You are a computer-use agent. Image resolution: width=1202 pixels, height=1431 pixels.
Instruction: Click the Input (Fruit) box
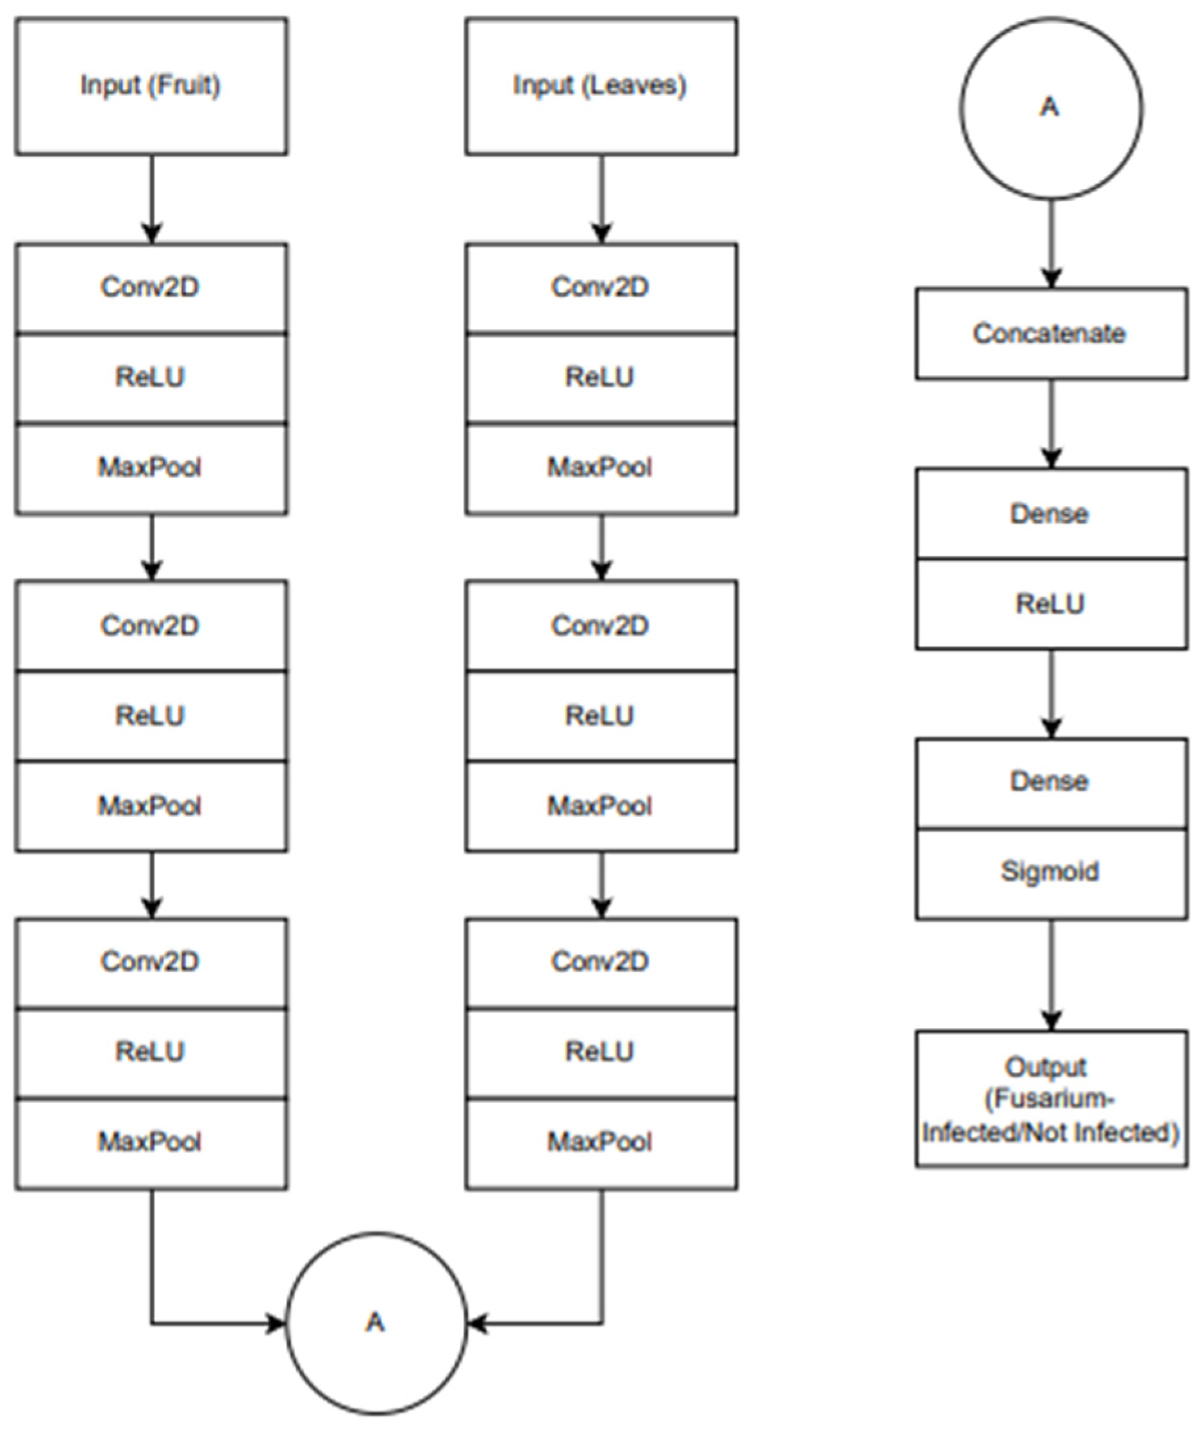pos(151,87)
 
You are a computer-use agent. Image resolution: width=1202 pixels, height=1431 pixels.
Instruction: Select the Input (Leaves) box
pos(602,87)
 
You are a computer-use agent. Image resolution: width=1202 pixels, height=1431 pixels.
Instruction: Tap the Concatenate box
pos(1051,334)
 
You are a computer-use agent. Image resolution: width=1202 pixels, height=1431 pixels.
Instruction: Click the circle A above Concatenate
pos(1051,108)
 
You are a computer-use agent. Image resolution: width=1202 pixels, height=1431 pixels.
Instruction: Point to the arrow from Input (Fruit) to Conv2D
pos(151,199)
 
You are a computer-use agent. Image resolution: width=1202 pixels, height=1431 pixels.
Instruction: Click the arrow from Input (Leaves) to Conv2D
pos(602,199)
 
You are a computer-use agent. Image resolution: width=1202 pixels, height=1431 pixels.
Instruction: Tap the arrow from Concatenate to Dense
pos(1051,423)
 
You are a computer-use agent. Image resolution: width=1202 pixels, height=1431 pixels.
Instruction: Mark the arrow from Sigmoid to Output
pos(1051,975)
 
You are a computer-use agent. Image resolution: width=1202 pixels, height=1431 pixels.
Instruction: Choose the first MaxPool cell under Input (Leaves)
pos(602,468)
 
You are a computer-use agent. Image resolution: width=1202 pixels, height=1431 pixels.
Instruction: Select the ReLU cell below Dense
pos(1051,604)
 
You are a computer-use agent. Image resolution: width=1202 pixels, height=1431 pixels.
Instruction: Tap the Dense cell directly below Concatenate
pos(1051,513)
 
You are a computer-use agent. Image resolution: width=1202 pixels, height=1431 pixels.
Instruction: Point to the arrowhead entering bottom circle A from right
pos(477,1323)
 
